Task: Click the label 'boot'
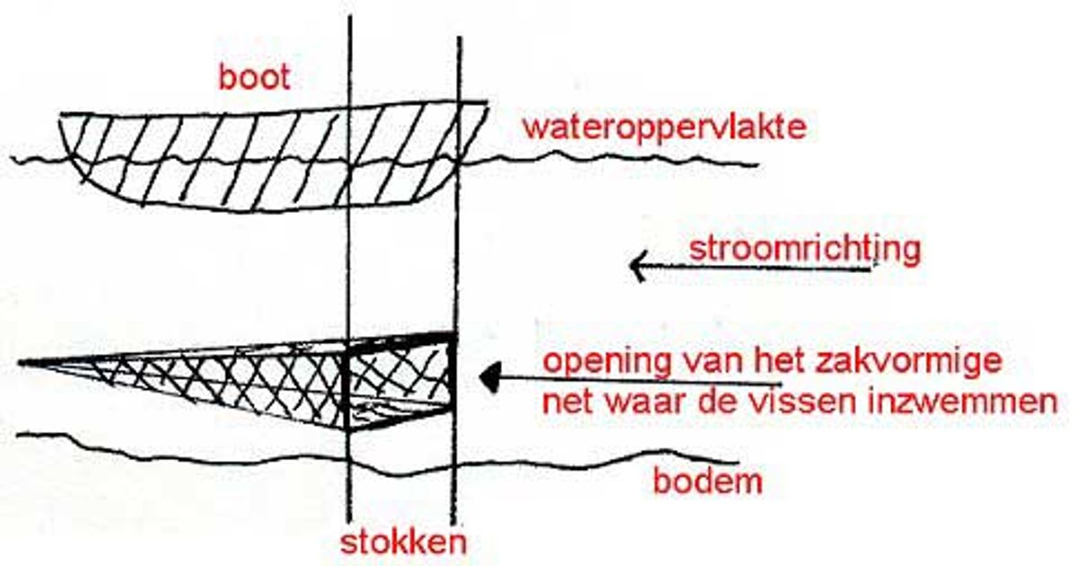tap(254, 77)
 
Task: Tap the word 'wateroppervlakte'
tap(664, 128)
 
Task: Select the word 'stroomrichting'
tap(805, 250)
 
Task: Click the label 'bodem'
tap(708, 481)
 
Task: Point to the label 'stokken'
tap(403, 543)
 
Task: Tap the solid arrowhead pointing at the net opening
tap(489, 376)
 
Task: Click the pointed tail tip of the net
tap(20, 363)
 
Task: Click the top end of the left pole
tap(350, 16)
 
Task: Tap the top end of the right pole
tap(460, 38)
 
